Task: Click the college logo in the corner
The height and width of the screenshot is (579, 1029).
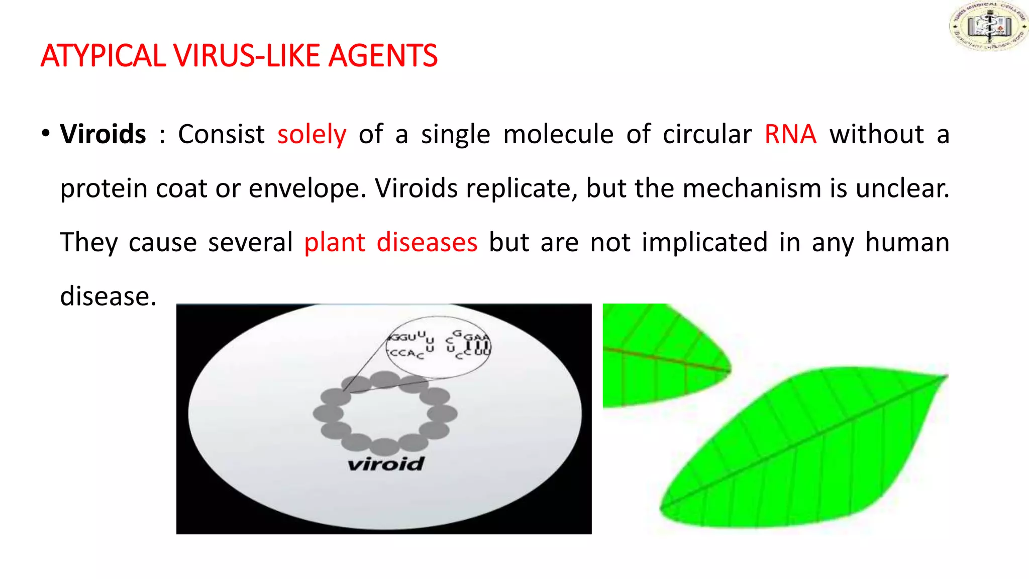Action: click(x=988, y=26)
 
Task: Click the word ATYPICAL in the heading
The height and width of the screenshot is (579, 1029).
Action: click(x=103, y=56)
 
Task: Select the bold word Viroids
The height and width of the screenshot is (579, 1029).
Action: click(x=103, y=135)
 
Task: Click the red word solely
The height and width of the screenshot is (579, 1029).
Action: click(x=312, y=135)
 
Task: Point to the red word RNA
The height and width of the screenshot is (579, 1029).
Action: click(x=790, y=135)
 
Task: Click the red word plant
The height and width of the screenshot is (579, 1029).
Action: click(x=334, y=243)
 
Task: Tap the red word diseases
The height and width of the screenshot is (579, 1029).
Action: click(x=427, y=243)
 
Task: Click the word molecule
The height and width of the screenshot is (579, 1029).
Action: click(x=558, y=135)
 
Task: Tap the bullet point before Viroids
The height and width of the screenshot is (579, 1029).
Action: click(x=46, y=134)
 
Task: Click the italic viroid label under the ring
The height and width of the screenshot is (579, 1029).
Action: click(x=386, y=463)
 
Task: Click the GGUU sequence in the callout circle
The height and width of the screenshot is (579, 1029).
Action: click(x=407, y=336)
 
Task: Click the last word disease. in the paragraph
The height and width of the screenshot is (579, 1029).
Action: click(x=108, y=297)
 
